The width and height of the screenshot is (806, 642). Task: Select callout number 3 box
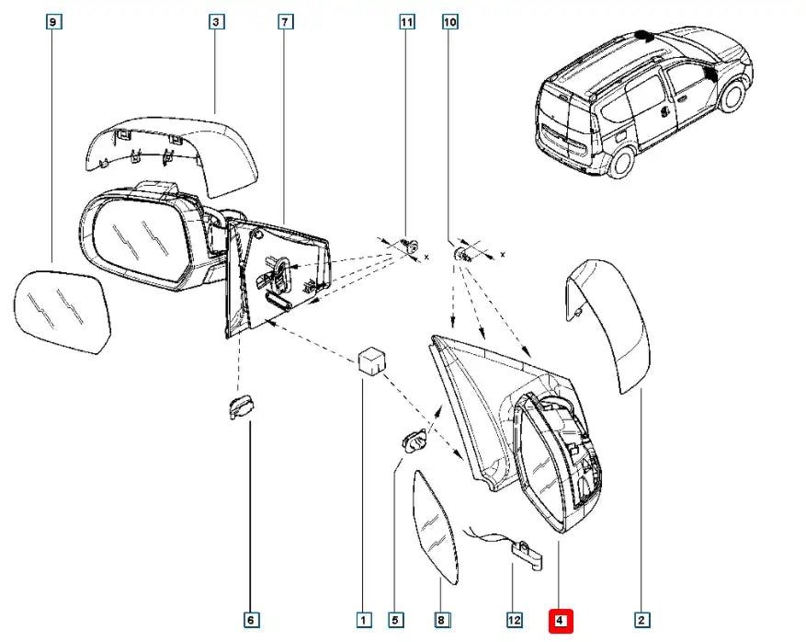tap(217, 21)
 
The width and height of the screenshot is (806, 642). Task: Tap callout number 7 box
tap(286, 21)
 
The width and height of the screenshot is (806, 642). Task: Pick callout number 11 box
tap(407, 21)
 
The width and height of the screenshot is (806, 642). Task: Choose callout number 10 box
tap(450, 21)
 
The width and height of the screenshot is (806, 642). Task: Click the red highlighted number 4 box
tap(561, 621)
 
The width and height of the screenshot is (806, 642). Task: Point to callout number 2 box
tap(642, 621)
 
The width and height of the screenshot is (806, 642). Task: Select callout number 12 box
tap(515, 621)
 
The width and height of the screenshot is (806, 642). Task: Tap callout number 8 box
tap(441, 621)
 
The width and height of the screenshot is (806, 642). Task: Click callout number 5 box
tap(396, 621)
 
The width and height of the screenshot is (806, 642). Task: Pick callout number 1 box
tap(364, 621)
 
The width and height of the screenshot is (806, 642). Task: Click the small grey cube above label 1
tap(370, 359)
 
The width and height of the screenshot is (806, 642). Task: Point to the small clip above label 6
tap(242, 406)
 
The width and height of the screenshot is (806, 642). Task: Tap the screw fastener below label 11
tap(411, 246)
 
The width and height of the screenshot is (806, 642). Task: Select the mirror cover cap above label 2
tap(615, 322)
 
